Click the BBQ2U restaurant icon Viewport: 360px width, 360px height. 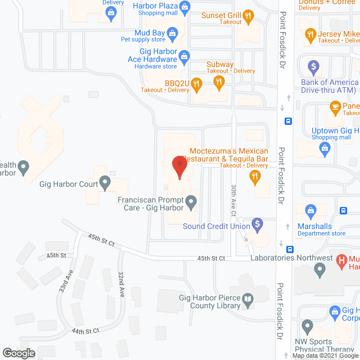[x=196, y=85]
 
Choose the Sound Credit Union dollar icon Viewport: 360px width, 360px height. [x=257, y=225]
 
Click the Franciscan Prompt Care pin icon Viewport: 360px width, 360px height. [x=192, y=201]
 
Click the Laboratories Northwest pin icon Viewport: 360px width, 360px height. [x=320, y=271]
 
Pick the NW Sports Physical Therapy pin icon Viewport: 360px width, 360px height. [x=307, y=326]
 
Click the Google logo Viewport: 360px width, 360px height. [x=18, y=353]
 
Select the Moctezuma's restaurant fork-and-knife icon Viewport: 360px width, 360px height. [x=255, y=177]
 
